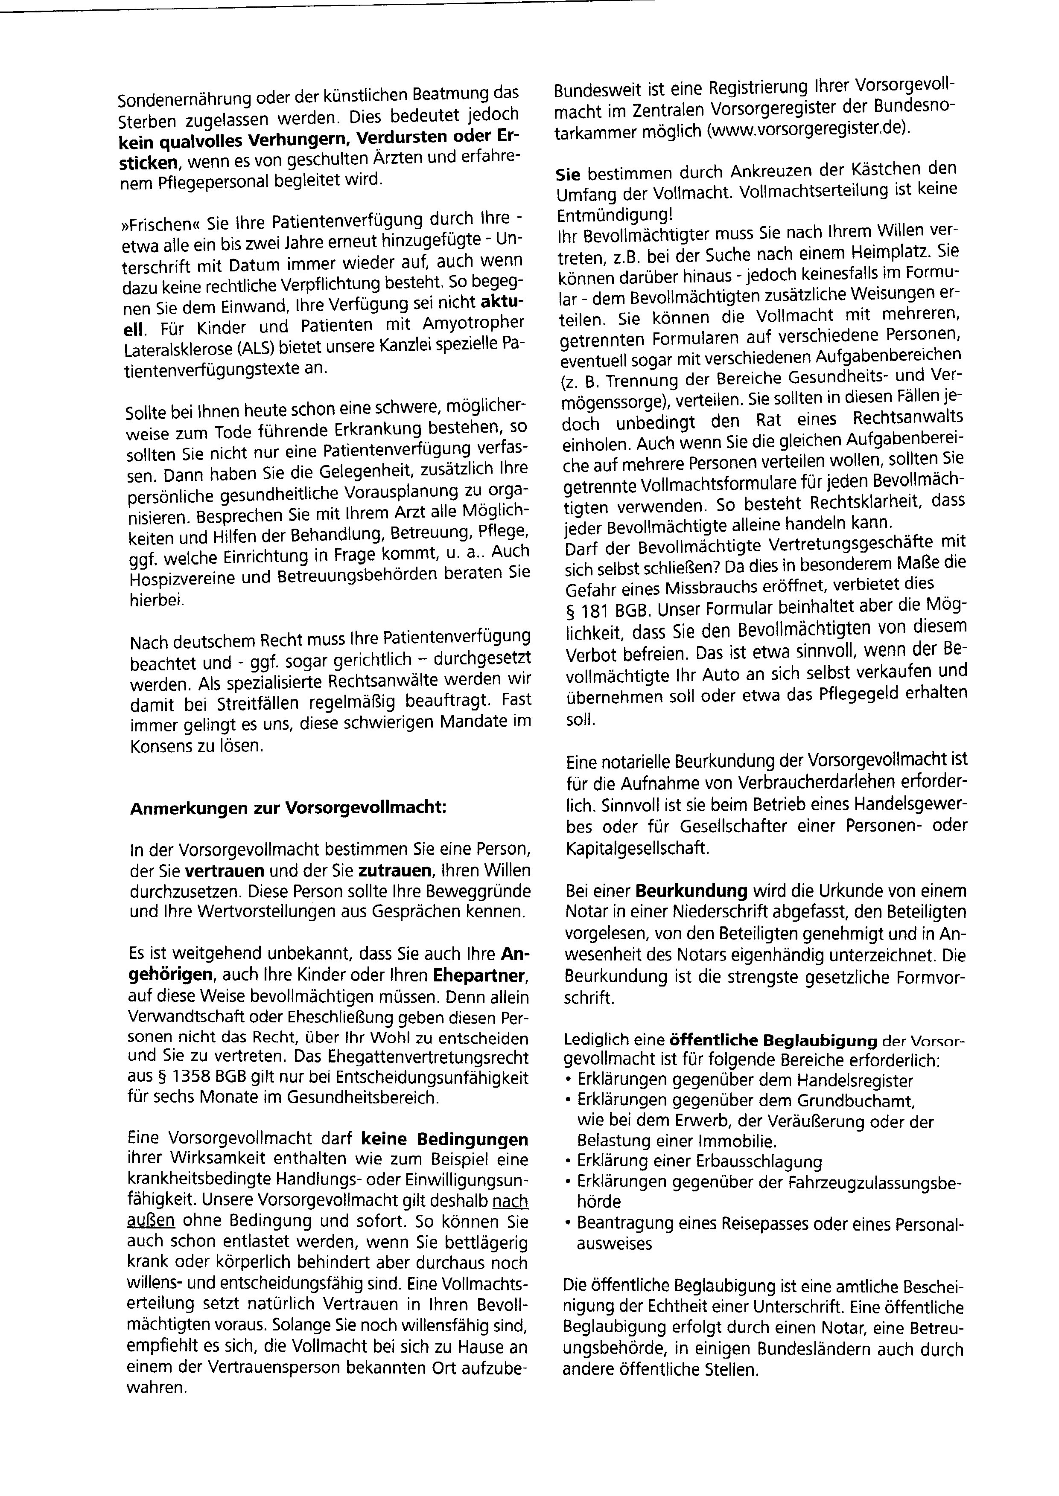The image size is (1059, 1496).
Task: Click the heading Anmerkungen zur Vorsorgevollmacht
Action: point(288,808)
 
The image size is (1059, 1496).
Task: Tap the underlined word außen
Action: point(151,1220)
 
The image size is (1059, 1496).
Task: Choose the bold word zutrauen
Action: point(397,870)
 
